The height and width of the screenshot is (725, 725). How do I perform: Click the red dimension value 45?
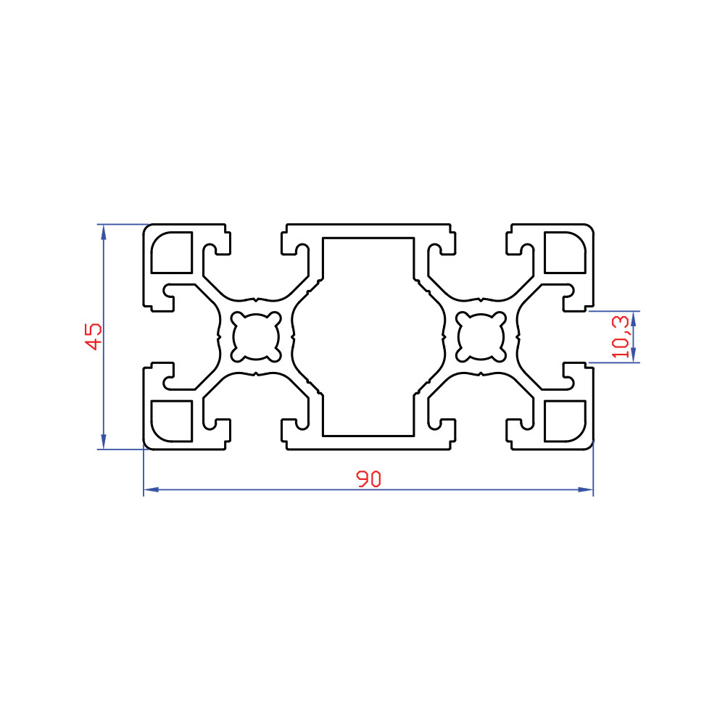click(x=94, y=336)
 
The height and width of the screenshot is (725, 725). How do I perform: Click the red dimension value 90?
click(x=368, y=479)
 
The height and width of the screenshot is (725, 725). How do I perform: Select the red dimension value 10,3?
click(x=620, y=336)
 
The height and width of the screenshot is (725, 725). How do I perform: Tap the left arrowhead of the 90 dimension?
click(x=152, y=489)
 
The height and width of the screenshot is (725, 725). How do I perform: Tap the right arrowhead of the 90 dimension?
click(x=585, y=489)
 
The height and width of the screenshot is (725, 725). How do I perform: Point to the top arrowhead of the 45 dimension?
click(x=104, y=232)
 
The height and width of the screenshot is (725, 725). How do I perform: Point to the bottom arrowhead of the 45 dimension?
click(x=104, y=442)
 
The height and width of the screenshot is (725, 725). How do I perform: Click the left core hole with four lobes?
click(x=256, y=336)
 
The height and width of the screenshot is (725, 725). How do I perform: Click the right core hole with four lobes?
click(x=481, y=336)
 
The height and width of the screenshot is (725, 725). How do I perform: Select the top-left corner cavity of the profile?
click(x=172, y=252)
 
